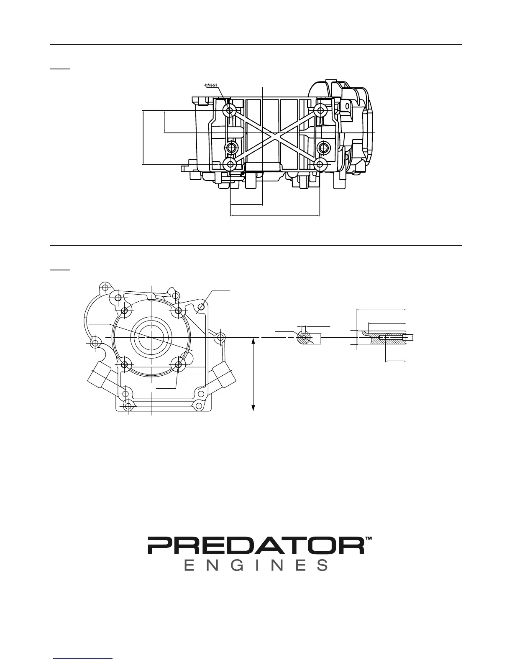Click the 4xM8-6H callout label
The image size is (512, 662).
[x=211, y=85]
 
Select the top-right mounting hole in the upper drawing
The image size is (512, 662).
[x=320, y=111]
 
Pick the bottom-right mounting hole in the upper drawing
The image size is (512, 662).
[x=320, y=164]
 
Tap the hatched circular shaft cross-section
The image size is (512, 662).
[x=304, y=337]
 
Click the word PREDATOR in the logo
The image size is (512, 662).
[x=255, y=545]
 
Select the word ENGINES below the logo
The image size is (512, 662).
[x=256, y=565]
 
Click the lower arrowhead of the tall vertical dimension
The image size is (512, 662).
[x=253, y=407]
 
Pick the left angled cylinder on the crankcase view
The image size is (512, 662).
[x=99, y=373]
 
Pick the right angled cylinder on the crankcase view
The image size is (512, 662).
[x=223, y=373]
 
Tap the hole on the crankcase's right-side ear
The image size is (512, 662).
[x=221, y=337]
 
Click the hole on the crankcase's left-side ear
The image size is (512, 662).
[x=95, y=343]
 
